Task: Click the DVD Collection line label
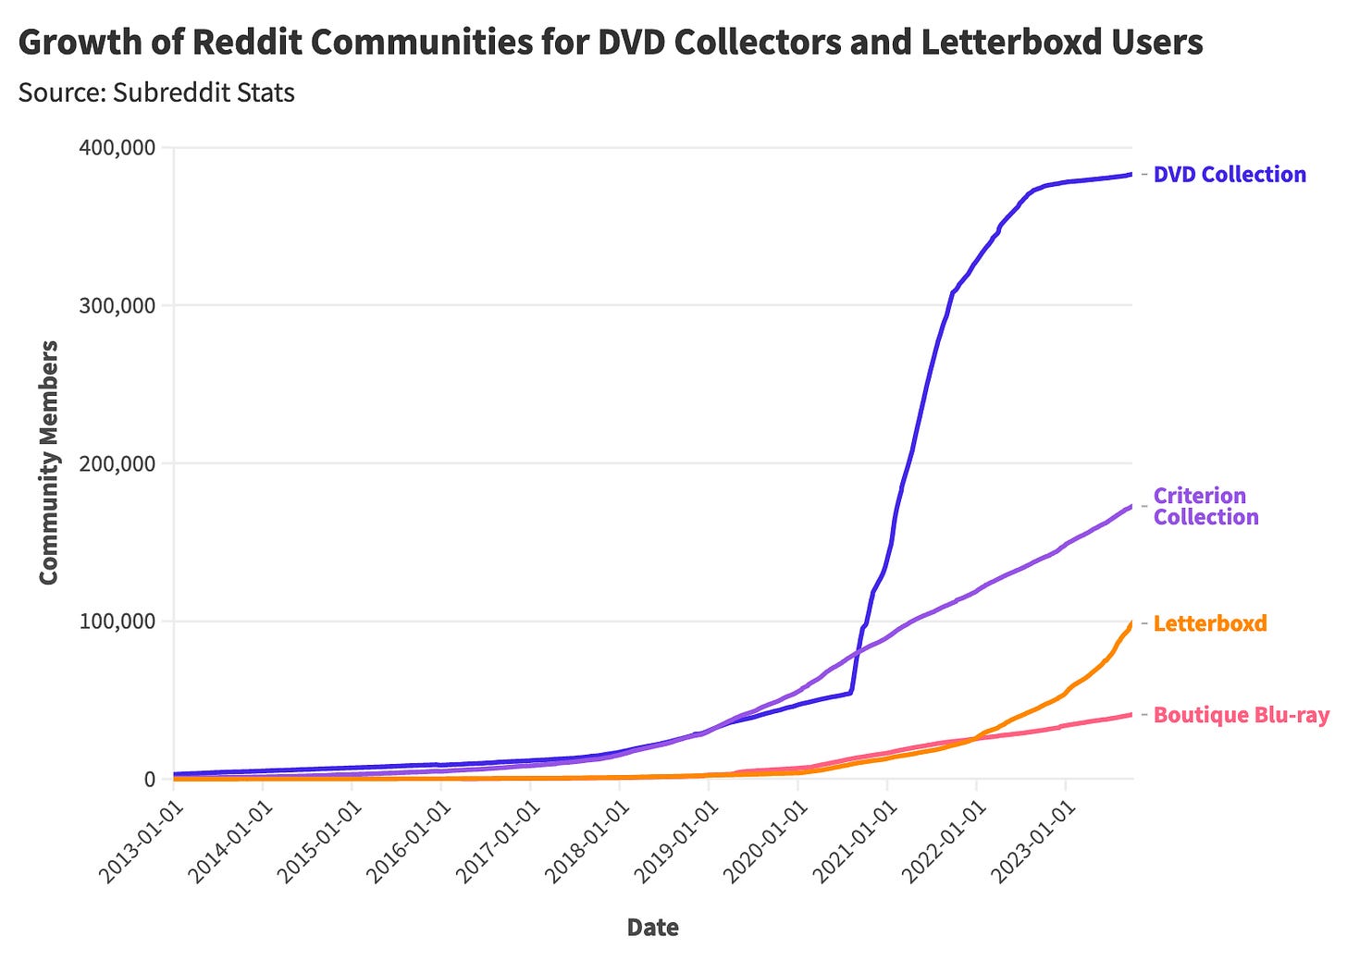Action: (1230, 175)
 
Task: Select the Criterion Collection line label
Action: (1205, 506)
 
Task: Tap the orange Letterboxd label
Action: (1210, 623)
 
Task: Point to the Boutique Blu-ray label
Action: (1241, 715)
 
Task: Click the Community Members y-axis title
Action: (49, 462)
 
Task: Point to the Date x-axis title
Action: (652, 927)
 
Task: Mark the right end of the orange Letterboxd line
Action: (1131, 623)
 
